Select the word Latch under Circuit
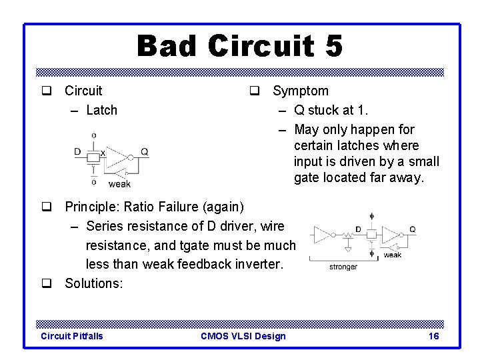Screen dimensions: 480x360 pyautogui.click(x=101, y=110)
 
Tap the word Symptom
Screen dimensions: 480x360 pyautogui.click(x=301, y=91)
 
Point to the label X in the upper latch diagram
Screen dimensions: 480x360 pyautogui.click(x=102, y=153)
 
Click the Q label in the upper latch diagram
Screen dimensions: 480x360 pyautogui.click(x=145, y=152)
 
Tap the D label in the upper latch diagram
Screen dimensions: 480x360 pyautogui.click(x=77, y=152)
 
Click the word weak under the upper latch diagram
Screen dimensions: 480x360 pyautogui.click(x=119, y=184)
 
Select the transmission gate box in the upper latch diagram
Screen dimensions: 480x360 pyautogui.click(x=93, y=157)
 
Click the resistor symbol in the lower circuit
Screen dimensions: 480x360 pyautogui.click(x=347, y=235)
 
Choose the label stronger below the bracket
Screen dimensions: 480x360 pyautogui.click(x=343, y=267)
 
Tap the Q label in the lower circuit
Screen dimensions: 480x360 pyautogui.click(x=412, y=229)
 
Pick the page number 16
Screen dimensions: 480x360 pyautogui.click(x=433, y=336)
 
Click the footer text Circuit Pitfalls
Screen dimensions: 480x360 pyautogui.click(x=72, y=336)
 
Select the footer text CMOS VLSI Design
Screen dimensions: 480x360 pyautogui.click(x=243, y=336)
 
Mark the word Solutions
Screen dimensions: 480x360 pyautogui.click(x=93, y=283)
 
